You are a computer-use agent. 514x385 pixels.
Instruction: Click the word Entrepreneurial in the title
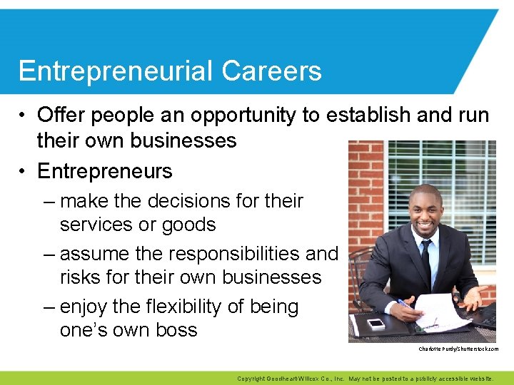point(116,71)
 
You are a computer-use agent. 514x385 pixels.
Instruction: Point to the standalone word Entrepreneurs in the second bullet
point(105,171)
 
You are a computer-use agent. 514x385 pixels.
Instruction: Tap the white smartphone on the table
point(376,323)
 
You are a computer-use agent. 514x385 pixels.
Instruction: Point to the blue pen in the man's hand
point(404,304)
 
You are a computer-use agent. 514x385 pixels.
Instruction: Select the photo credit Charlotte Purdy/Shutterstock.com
point(459,349)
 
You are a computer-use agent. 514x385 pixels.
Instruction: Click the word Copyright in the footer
point(251,379)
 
